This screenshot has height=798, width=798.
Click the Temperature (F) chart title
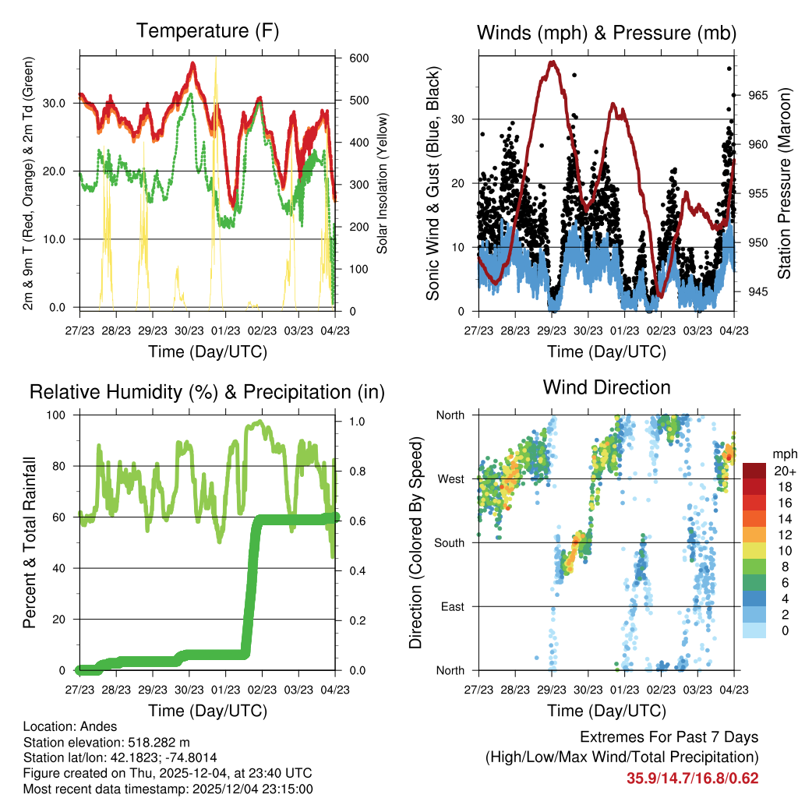pyautogui.click(x=207, y=31)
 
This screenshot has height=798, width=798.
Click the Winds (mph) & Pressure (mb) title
pyautogui.click(x=606, y=33)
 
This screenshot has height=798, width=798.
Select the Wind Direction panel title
pyautogui.click(x=606, y=387)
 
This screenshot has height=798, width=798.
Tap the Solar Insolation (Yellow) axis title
pyautogui.click(x=382, y=183)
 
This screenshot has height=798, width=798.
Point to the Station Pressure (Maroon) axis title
pyautogui.click(x=784, y=184)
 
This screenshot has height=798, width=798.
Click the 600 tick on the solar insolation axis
pyautogui.click(x=358, y=58)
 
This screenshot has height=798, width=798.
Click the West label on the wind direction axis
pyautogui.click(x=451, y=478)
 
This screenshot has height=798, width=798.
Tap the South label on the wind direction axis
pyautogui.click(x=450, y=542)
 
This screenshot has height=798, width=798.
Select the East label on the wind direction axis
pyautogui.click(x=453, y=606)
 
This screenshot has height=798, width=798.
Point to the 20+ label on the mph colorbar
pyautogui.click(x=783, y=471)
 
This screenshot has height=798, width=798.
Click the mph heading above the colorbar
pyautogui.click(x=783, y=454)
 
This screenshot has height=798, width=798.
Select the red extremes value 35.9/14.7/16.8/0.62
pyautogui.click(x=692, y=778)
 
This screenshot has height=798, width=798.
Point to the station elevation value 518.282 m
pyautogui.click(x=150, y=743)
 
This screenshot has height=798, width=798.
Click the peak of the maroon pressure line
pyautogui.click(x=553, y=62)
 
